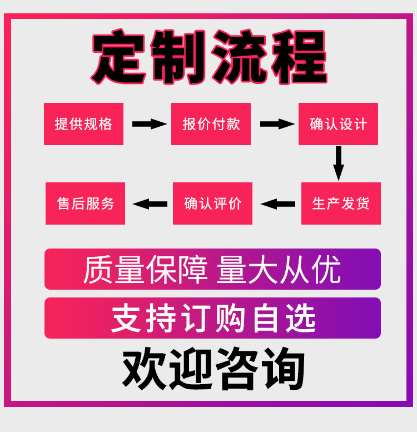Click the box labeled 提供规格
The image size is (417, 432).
(83, 124)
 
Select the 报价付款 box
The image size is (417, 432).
(211, 124)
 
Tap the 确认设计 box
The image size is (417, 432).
(338, 124)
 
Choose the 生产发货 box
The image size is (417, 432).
(341, 203)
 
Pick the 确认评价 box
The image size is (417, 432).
(212, 203)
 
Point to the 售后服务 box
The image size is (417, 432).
(85, 203)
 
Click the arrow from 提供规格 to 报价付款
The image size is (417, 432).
(149, 124)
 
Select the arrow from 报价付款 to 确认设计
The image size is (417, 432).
(276, 124)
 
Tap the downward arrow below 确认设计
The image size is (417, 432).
(338, 163)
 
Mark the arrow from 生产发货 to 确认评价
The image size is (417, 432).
(278, 204)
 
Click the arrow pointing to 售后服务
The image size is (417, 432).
(150, 204)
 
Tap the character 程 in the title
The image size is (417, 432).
(299, 58)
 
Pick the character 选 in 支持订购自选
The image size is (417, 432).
(301, 319)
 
